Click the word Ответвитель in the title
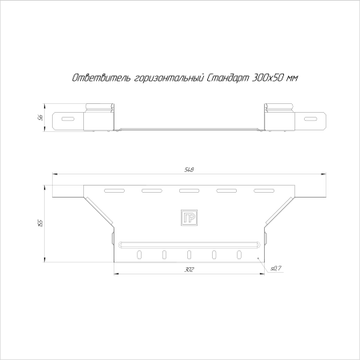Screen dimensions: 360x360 click(102, 78)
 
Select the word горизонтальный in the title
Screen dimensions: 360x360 click(169, 78)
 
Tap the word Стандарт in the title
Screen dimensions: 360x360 click(228, 78)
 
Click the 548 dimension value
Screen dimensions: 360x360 click(189, 170)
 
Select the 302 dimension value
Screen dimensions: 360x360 click(189, 270)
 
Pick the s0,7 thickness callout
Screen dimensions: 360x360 click(276, 269)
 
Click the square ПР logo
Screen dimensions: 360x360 click(189, 218)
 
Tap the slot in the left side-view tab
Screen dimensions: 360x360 click(68, 119)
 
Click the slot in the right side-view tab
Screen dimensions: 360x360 click(310, 119)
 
